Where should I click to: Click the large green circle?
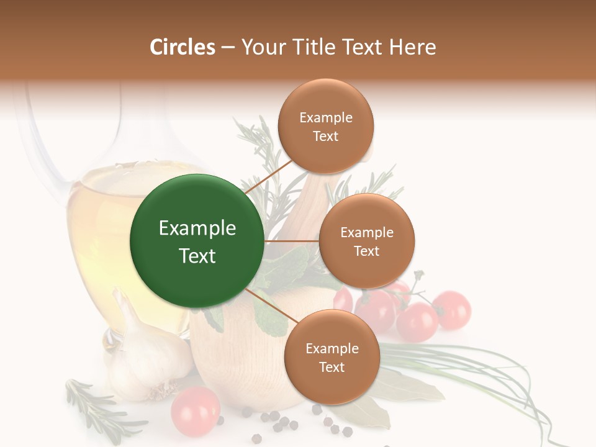pos(196,241)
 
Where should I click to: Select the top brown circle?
pos(325,126)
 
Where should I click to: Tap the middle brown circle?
pos(366,241)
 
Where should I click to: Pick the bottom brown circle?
pos(332,357)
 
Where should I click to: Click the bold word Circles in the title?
pos(183,47)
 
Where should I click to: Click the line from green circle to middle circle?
pos(291,241)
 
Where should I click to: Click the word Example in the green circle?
pos(197,228)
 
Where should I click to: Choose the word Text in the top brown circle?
pos(325,137)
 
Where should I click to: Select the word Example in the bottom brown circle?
pos(332,348)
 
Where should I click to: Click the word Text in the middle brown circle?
pos(366,251)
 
